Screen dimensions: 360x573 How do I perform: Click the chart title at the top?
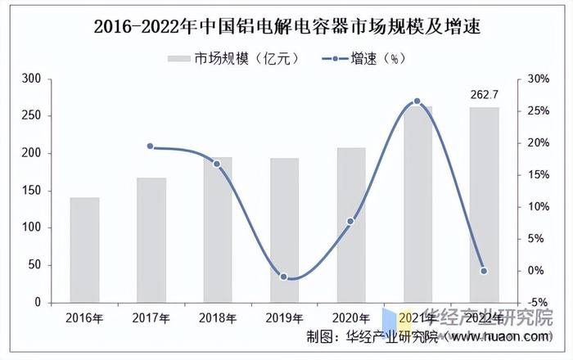point(286,27)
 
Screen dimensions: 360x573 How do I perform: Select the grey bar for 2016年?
point(84,250)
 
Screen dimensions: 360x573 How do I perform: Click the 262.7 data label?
point(484,95)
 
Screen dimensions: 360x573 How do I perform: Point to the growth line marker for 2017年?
point(151,146)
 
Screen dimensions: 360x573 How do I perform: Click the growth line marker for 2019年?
point(284,277)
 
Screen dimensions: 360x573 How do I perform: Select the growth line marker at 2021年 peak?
point(417,101)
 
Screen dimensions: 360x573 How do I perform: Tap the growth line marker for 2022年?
point(484,271)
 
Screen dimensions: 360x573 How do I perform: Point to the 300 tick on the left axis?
point(32,79)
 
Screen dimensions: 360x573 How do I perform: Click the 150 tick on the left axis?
point(32,191)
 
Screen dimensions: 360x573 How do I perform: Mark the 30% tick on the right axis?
point(538,79)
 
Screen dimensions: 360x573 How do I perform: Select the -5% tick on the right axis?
point(538,303)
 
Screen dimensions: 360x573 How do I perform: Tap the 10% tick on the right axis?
point(538,207)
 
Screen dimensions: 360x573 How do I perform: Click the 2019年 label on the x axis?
point(284,318)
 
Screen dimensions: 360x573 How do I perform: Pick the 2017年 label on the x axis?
point(151,318)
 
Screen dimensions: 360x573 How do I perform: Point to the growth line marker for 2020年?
point(350,221)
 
